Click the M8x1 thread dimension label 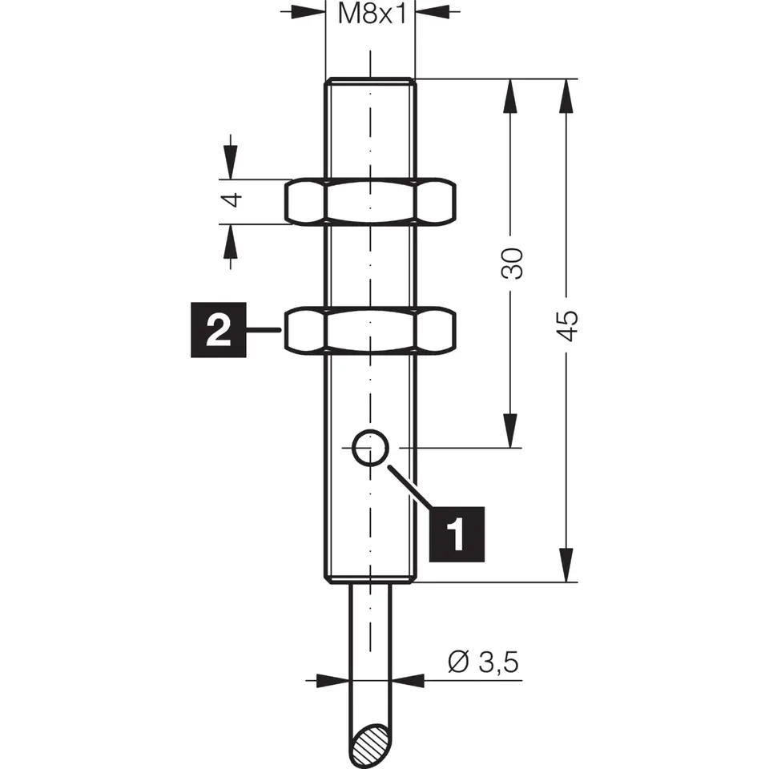pyautogui.click(x=370, y=14)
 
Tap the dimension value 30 pyautogui.click(x=512, y=263)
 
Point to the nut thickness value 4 pyautogui.click(x=232, y=201)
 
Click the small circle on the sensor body pyautogui.click(x=370, y=448)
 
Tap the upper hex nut pyautogui.click(x=370, y=201)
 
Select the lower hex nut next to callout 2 pyautogui.click(x=370, y=330)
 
